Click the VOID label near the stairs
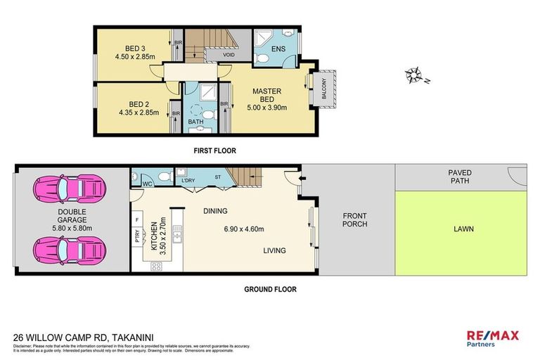229,55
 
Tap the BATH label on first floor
196,122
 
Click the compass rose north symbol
415,74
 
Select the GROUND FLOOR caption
269,289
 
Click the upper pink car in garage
70,188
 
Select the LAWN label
463,228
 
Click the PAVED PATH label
460,176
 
